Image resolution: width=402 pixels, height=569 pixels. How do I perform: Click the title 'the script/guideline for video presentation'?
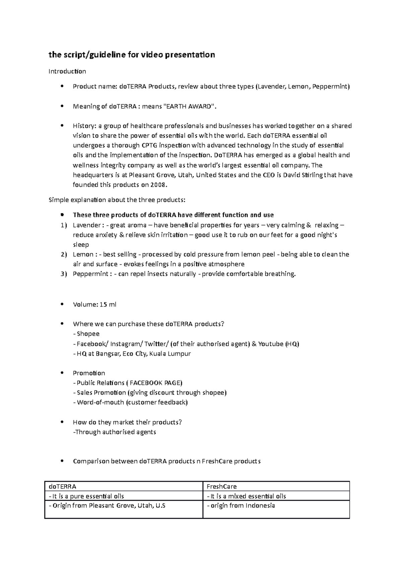(132, 55)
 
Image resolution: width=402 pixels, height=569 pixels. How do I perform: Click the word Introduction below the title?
(67, 71)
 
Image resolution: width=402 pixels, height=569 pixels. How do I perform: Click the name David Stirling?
(304, 175)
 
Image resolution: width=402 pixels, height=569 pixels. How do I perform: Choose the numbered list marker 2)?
(64, 254)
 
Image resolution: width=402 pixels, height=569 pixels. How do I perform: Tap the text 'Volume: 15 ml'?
(94, 305)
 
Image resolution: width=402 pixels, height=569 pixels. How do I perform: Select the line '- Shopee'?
(86, 334)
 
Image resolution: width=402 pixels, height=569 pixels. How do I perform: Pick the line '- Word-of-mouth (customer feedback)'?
(130, 402)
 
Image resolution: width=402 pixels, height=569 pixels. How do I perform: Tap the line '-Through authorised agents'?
(115, 432)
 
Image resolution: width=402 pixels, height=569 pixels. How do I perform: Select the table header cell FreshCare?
(222, 486)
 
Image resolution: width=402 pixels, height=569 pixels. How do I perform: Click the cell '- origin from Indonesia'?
(241, 505)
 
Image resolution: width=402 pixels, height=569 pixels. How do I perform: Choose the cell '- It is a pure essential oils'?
(86, 496)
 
